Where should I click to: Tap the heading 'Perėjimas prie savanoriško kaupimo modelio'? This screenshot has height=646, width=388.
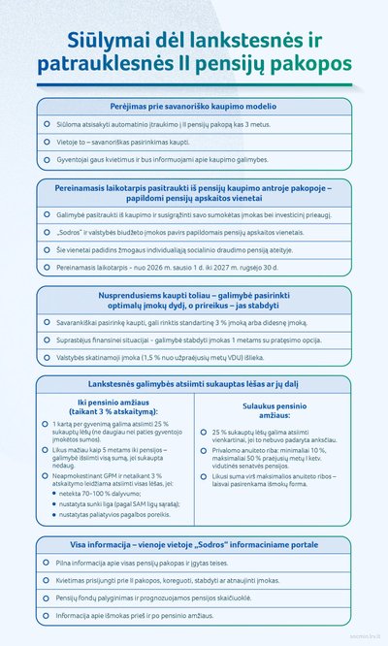pyautogui.click(x=194, y=105)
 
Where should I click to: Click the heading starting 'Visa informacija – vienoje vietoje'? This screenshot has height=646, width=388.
pyautogui.click(x=194, y=544)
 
